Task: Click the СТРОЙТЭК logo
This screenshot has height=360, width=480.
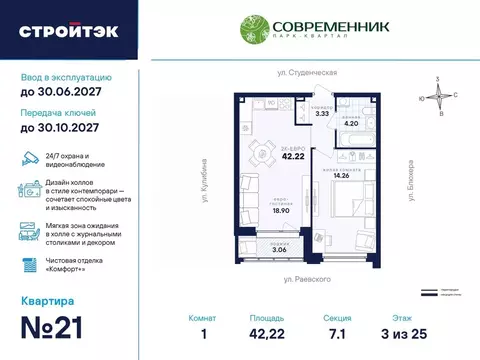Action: pos(68,30)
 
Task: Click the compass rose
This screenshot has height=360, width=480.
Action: pos(437,96)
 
